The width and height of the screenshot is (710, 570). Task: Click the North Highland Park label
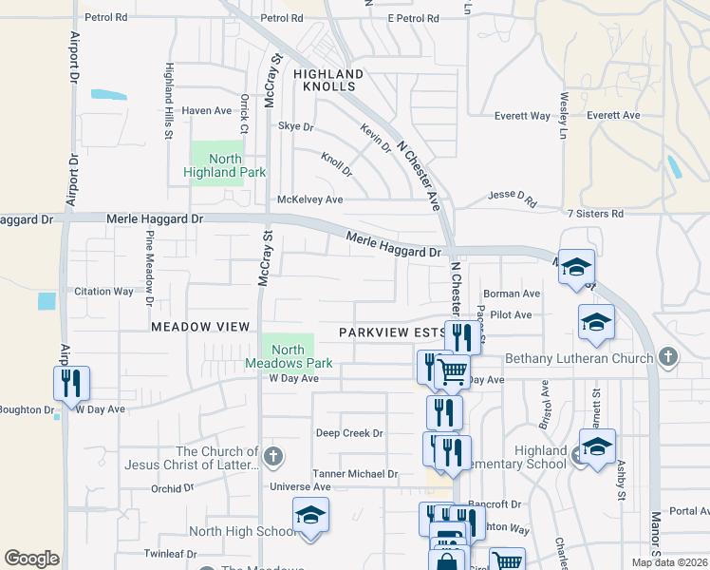[x=225, y=165]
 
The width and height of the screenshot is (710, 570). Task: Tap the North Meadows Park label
[x=289, y=356]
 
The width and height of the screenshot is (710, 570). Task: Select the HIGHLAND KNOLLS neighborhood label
[x=328, y=80]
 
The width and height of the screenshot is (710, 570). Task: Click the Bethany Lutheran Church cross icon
[x=668, y=358]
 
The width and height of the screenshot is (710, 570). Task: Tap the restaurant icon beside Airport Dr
[x=71, y=383]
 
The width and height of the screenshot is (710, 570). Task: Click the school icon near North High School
[x=310, y=515]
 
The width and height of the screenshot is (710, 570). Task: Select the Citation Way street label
[x=104, y=292]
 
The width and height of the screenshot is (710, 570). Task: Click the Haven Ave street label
[x=207, y=111]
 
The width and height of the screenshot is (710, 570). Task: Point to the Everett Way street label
[x=522, y=116]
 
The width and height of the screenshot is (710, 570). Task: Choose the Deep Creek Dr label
[x=349, y=433]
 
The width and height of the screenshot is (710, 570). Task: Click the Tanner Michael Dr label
[x=355, y=473]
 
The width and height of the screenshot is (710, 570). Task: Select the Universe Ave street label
[x=299, y=487]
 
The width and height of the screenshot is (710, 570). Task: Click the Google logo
[x=31, y=559]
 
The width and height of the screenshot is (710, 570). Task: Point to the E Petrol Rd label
[x=413, y=18]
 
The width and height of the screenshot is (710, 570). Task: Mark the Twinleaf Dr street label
[x=170, y=554]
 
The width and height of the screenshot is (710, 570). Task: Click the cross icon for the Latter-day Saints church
[x=274, y=457]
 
